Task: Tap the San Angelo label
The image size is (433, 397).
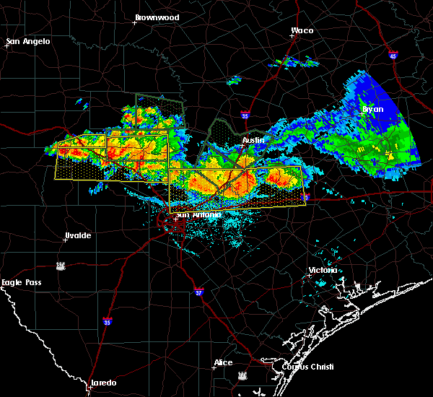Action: tap(30, 41)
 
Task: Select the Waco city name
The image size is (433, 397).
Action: tap(302, 30)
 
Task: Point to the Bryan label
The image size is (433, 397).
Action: tap(373, 109)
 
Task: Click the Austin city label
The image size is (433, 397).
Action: tap(253, 139)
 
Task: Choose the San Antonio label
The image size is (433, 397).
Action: tap(193, 214)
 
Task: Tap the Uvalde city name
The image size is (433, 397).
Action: tap(77, 235)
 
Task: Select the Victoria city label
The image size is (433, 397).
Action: tap(323, 270)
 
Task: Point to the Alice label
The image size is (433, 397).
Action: tap(223, 362)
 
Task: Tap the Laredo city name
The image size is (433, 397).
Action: tap(102, 383)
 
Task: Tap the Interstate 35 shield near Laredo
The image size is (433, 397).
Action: tap(107, 321)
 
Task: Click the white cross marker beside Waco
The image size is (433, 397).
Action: tap(292, 38)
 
